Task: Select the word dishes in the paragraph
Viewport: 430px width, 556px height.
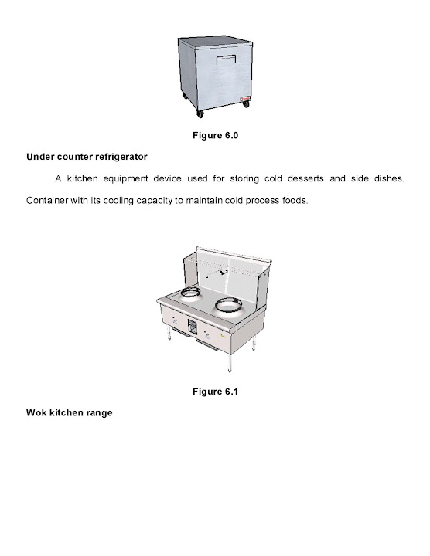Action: tap(387, 179)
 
